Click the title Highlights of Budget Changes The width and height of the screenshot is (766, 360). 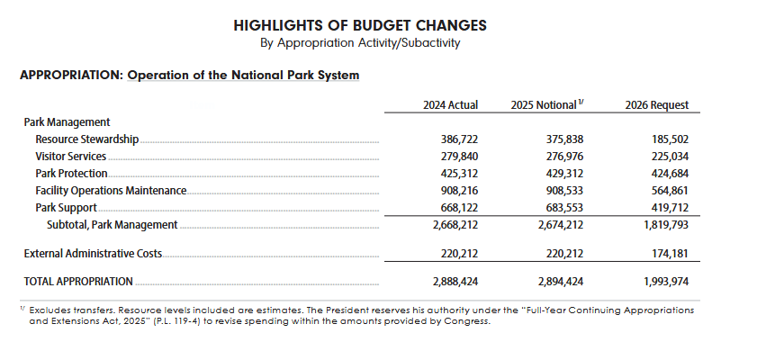[360, 25]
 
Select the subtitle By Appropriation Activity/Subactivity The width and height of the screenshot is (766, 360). [360, 43]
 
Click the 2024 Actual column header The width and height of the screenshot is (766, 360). [450, 105]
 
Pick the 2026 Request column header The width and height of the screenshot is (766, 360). [657, 105]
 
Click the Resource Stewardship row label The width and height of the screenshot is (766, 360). [87, 139]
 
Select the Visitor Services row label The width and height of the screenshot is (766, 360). [71, 157]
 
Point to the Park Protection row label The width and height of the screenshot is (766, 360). [71, 174]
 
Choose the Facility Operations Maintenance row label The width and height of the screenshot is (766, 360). [111, 191]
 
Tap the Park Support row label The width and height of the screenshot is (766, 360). [66, 208]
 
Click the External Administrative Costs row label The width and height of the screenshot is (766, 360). [93, 254]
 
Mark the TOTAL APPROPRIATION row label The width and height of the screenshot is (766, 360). [78, 282]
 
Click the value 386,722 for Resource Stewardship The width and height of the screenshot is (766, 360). [459, 139]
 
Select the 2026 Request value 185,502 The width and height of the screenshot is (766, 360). [670, 139]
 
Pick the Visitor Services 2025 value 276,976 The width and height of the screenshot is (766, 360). [564, 157]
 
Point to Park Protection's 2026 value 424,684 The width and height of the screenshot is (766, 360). [670, 174]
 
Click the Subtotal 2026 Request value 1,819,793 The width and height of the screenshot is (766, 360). [666, 225]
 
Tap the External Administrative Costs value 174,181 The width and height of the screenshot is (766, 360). [671, 254]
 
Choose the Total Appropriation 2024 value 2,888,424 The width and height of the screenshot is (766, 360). [455, 282]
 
